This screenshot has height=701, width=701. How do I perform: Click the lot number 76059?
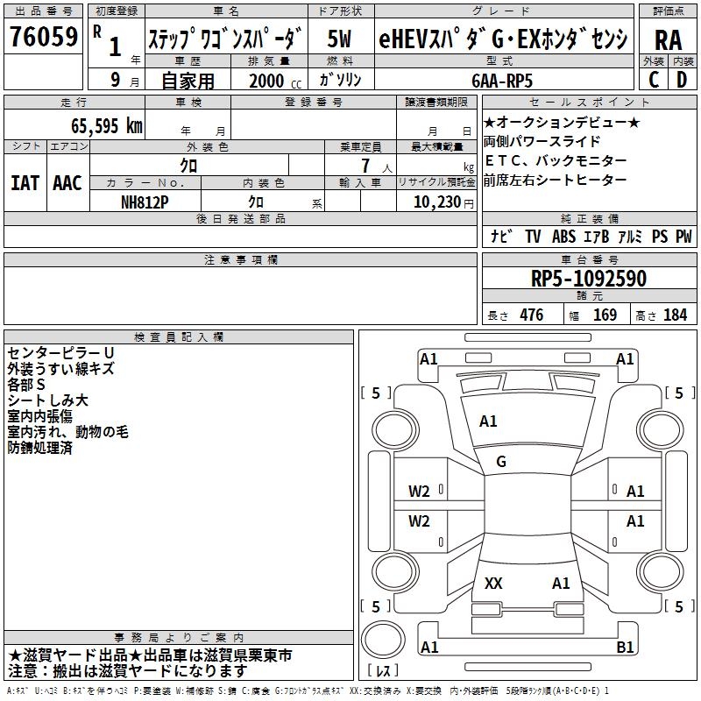click(x=44, y=37)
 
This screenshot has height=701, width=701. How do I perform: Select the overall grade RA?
click(x=669, y=40)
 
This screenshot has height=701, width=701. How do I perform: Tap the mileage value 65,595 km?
click(x=107, y=126)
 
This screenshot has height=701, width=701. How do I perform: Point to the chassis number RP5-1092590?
click(x=589, y=278)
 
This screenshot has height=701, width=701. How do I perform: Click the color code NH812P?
click(x=145, y=202)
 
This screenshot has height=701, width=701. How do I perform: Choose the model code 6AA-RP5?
click(x=502, y=81)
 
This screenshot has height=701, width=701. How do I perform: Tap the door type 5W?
click(x=339, y=39)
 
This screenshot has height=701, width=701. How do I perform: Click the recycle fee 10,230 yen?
click(x=443, y=202)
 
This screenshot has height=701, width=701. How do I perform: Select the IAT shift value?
click(x=25, y=183)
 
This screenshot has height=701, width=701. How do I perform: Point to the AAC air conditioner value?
click(x=67, y=183)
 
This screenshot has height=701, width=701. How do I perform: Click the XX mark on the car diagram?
click(x=493, y=583)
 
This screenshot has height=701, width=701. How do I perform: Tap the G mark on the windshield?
click(x=501, y=462)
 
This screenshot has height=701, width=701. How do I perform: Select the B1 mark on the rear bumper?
click(x=625, y=647)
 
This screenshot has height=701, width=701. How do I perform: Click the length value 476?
click(x=532, y=315)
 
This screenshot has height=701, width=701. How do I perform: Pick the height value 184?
click(x=675, y=315)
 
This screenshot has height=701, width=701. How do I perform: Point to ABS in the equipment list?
click(x=563, y=236)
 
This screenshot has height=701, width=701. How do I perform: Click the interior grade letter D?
click(x=682, y=80)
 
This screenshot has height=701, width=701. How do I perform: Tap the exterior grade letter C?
click(x=654, y=80)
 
